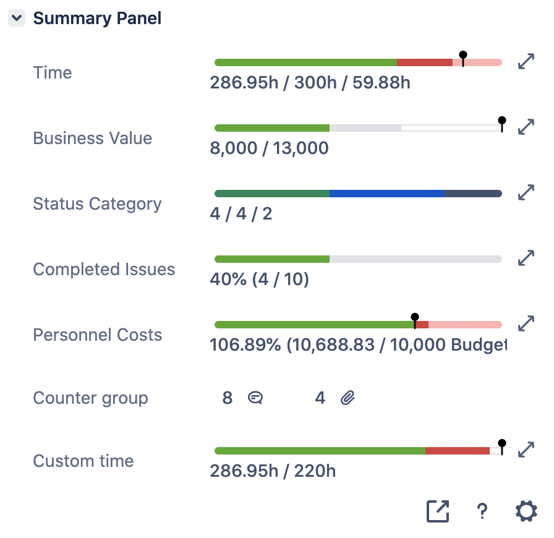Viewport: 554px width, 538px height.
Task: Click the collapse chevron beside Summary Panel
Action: pyautogui.click(x=17, y=19)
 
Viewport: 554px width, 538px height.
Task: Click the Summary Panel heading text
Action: pyautogui.click(x=97, y=19)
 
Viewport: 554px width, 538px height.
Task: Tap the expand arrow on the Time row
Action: pyautogui.click(x=526, y=61)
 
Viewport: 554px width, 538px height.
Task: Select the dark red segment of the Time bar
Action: pyautogui.click(x=425, y=62)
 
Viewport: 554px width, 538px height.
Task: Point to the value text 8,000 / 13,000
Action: pyautogui.click(x=269, y=148)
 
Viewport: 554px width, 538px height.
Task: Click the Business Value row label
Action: pyautogui.click(x=92, y=138)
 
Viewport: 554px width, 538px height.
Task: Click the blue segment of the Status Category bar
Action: pyautogui.click(x=387, y=194)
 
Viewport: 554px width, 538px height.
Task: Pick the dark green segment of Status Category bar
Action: pyautogui.click(x=272, y=194)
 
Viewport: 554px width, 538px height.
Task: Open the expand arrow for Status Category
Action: pyautogui.click(x=526, y=192)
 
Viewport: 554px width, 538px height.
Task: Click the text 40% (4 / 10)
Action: pyautogui.click(x=259, y=280)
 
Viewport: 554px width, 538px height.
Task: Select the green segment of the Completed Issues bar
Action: pyautogui.click(x=272, y=259)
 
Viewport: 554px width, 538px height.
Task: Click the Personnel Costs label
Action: pyautogui.click(x=97, y=335)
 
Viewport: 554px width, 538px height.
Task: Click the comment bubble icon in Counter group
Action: pyautogui.click(x=255, y=398)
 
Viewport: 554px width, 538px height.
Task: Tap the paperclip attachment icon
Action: pyautogui.click(x=348, y=398)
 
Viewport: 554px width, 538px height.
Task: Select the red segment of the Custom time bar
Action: pyautogui.click(x=458, y=451)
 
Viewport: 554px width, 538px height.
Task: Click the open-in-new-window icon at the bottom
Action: pyautogui.click(x=438, y=511)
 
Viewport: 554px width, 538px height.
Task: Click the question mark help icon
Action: pyautogui.click(x=482, y=511)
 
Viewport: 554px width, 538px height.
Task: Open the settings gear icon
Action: pyautogui.click(x=526, y=511)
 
